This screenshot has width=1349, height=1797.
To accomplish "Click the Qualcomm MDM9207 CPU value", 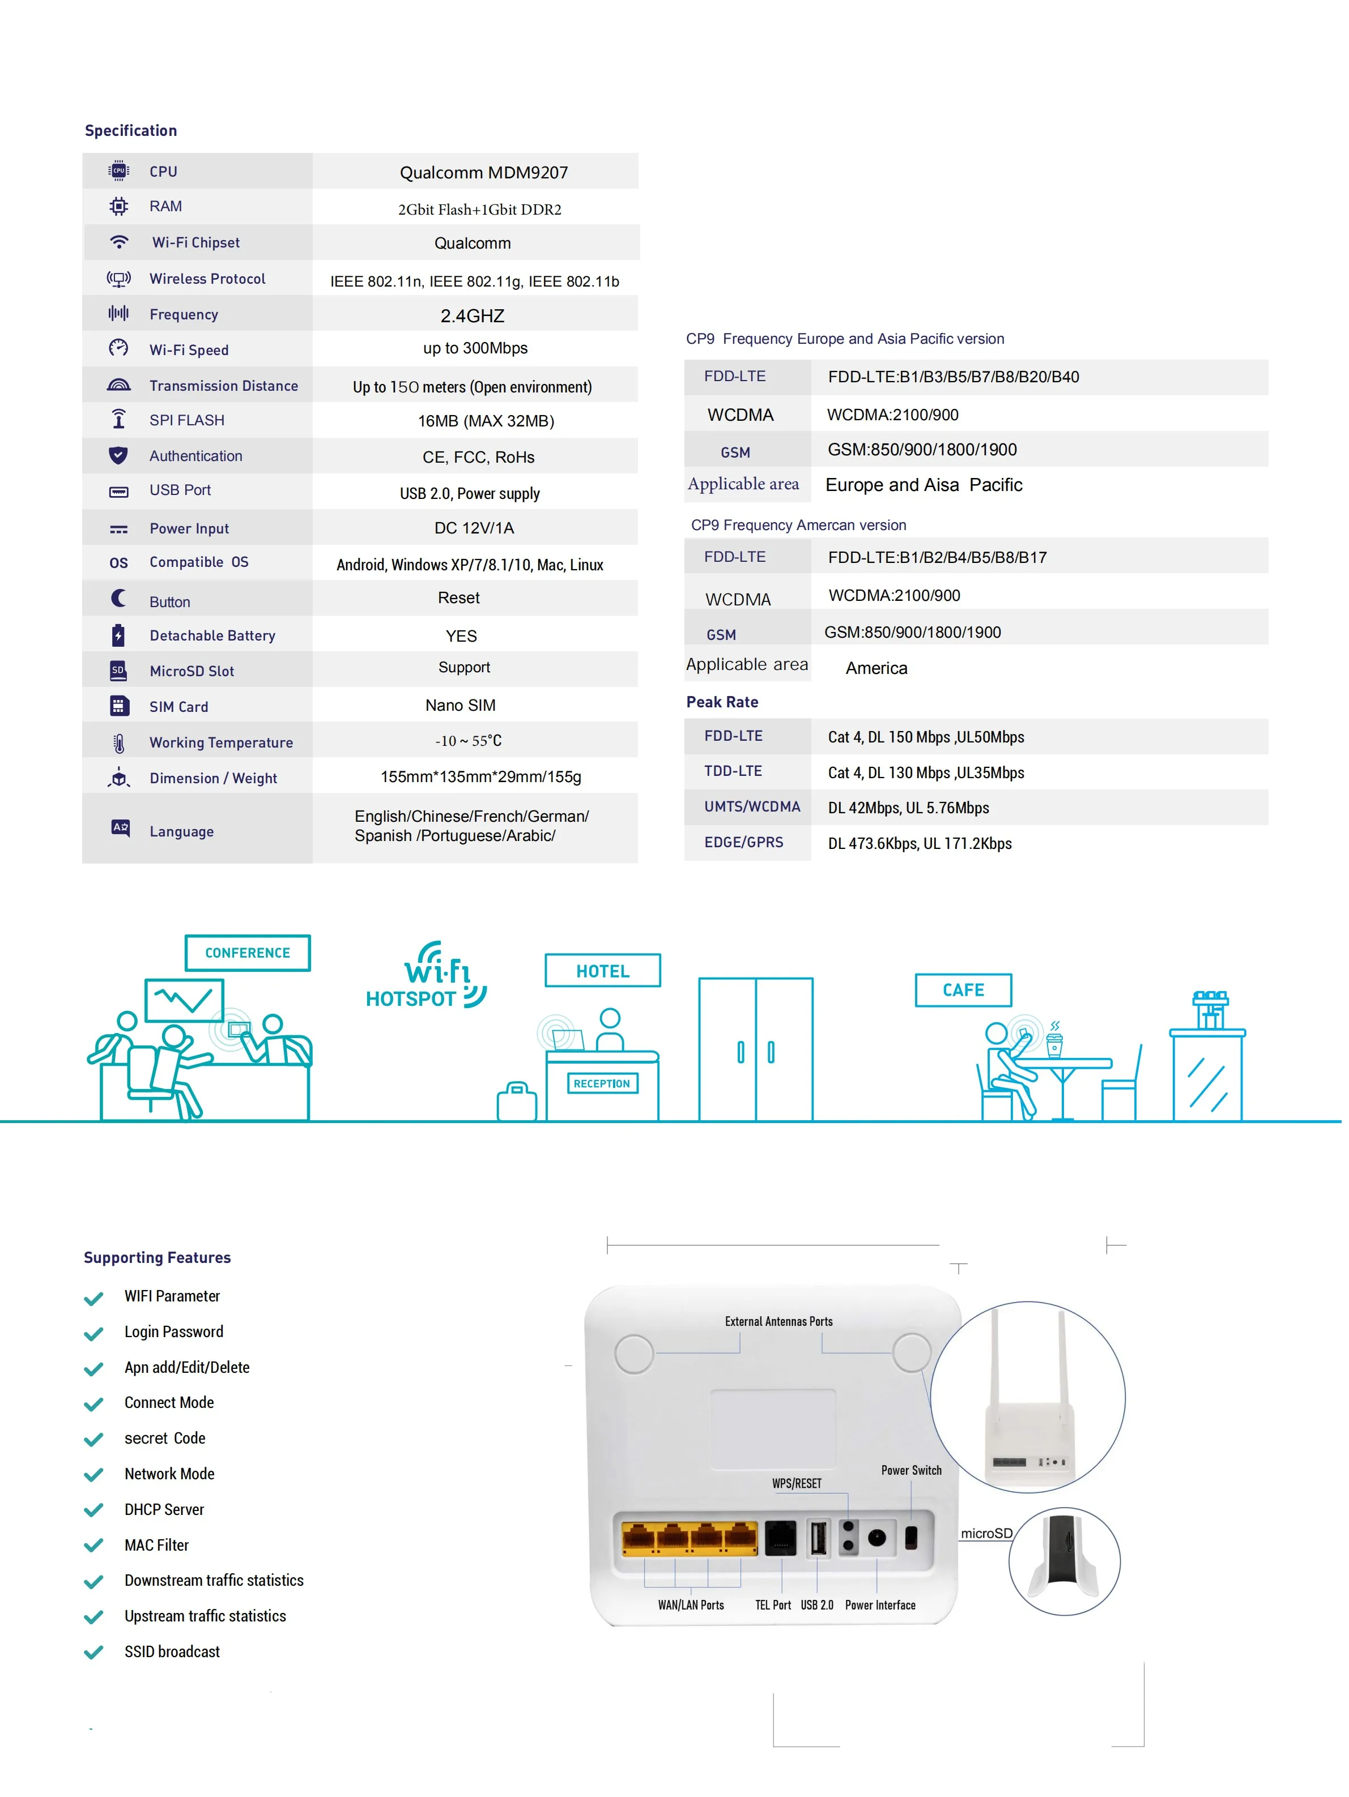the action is (x=483, y=172).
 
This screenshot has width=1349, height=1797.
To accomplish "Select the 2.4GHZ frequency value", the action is (x=472, y=315).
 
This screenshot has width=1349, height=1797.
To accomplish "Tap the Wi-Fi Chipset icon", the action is (x=118, y=242).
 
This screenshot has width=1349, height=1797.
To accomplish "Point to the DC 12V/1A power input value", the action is (x=474, y=528).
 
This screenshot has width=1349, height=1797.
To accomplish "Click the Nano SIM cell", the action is (x=460, y=705).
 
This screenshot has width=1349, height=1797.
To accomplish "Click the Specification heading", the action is (x=131, y=131).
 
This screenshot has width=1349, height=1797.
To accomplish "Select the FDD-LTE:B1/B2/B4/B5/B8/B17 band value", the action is (x=937, y=557).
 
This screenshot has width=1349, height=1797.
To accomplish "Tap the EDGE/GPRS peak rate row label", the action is (x=743, y=843).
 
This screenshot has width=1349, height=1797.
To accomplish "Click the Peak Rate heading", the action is (x=722, y=702).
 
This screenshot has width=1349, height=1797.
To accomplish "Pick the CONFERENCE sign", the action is (x=247, y=953).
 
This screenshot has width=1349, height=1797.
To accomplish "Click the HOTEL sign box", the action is (x=602, y=971).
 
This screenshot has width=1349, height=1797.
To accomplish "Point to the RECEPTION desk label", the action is (x=601, y=1084).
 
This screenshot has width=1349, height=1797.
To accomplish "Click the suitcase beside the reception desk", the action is (x=517, y=1103).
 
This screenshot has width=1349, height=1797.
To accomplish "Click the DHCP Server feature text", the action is (x=164, y=1509).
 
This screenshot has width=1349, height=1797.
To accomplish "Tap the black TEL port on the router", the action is (x=781, y=1538).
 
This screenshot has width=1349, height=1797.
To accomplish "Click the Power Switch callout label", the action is (x=911, y=1470).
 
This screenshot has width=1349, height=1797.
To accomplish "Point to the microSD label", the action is (x=986, y=1533).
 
